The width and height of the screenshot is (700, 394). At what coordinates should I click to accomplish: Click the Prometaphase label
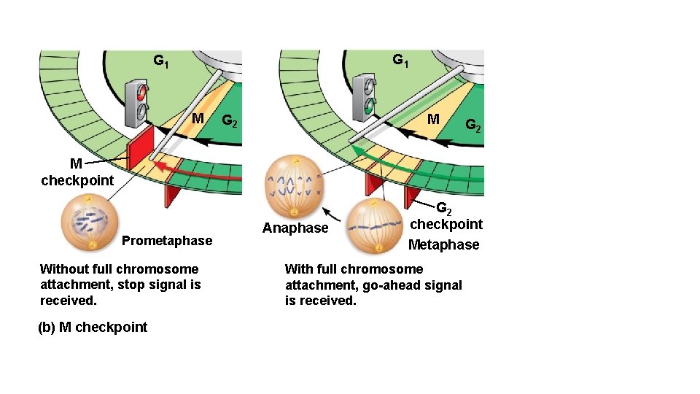click(167, 241)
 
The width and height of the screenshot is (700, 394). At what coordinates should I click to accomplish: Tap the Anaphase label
click(295, 228)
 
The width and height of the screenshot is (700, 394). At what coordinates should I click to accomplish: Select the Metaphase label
click(443, 245)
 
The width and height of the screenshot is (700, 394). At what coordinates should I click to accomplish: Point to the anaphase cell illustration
click(295, 187)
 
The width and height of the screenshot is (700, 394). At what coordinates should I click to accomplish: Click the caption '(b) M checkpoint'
click(93, 328)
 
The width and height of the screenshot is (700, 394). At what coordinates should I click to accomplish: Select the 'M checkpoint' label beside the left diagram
click(77, 172)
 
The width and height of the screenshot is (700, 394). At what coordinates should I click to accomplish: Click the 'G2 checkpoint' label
click(446, 217)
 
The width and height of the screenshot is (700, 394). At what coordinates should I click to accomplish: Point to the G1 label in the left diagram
click(161, 61)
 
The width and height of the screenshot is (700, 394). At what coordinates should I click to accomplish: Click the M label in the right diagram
click(433, 119)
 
